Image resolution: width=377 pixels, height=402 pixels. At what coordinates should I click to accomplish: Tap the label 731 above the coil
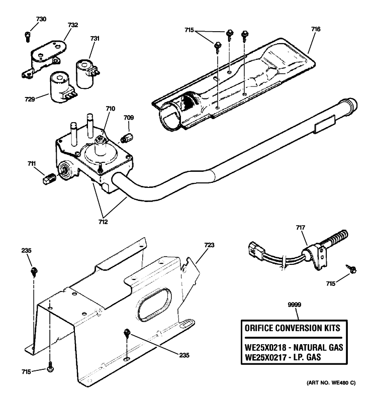[x=95, y=39]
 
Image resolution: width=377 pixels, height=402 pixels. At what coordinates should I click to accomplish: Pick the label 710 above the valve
[x=111, y=108]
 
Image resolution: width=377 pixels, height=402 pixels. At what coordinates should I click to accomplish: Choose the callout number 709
[x=129, y=118]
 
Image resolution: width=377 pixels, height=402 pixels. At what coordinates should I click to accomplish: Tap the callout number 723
[x=209, y=245]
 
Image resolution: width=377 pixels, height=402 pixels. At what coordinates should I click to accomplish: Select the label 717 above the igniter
[x=300, y=228]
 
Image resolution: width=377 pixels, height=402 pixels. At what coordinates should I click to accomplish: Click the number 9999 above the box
[x=294, y=305]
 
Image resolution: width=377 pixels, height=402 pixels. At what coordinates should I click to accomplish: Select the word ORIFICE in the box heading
[x=260, y=329]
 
